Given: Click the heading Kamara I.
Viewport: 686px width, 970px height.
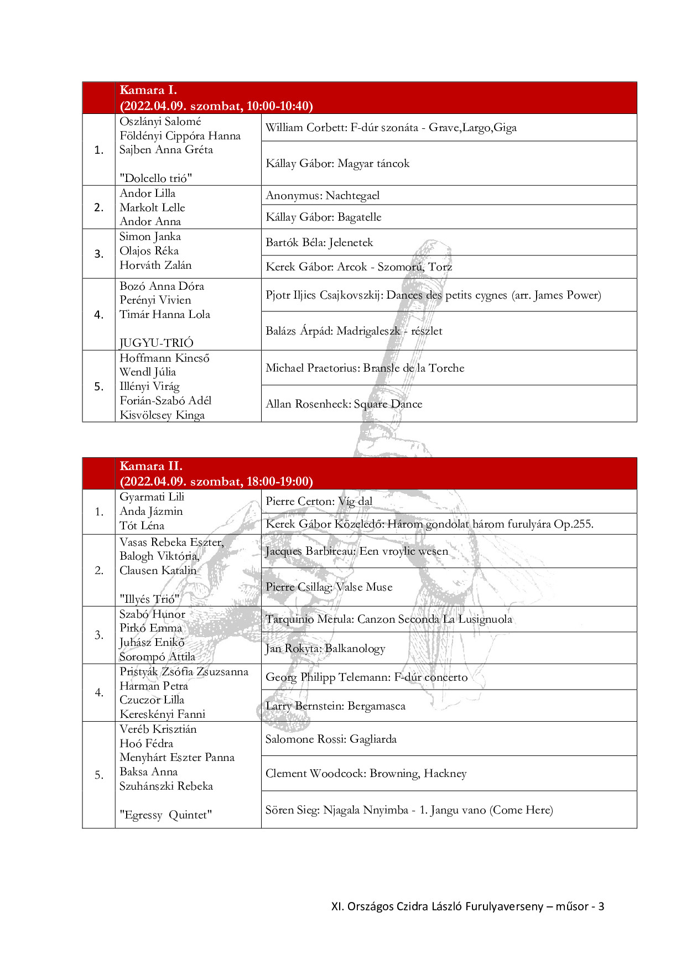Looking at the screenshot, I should (x=148, y=90).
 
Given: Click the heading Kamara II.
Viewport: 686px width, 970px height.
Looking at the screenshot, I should (x=151, y=466).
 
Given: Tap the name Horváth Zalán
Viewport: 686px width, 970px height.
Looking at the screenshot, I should (x=155, y=265).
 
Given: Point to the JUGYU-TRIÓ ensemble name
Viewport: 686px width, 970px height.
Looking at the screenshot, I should (x=157, y=343).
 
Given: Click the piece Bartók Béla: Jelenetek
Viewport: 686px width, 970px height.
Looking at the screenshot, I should (x=319, y=242).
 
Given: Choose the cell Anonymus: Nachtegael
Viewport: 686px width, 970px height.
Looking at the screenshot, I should (x=323, y=195).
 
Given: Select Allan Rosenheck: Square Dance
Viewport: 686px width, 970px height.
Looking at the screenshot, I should (x=344, y=404).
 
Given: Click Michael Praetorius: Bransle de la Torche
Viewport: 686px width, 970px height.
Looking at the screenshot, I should (x=365, y=368).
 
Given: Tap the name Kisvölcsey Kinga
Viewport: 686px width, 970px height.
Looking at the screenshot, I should (x=162, y=415).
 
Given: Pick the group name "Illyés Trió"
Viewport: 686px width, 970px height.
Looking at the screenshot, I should (x=149, y=599).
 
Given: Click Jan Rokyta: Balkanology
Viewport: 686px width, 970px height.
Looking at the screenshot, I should (x=325, y=648).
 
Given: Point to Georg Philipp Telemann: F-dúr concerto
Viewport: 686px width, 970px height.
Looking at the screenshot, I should (x=366, y=677).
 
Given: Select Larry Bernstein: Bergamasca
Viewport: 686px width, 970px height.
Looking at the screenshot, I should (x=335, y=706).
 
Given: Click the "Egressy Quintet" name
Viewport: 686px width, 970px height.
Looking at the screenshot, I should (x=165, y=815).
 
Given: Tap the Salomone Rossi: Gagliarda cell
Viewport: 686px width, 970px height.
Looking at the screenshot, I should (x=331, y=739).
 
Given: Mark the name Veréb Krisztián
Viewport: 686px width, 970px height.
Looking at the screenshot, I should (x=158, y=729).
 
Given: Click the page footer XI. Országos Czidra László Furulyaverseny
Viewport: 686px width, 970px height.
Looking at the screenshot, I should (x=437, y=906).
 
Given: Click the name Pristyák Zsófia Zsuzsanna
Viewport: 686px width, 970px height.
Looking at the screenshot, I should (x=184, y=671).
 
